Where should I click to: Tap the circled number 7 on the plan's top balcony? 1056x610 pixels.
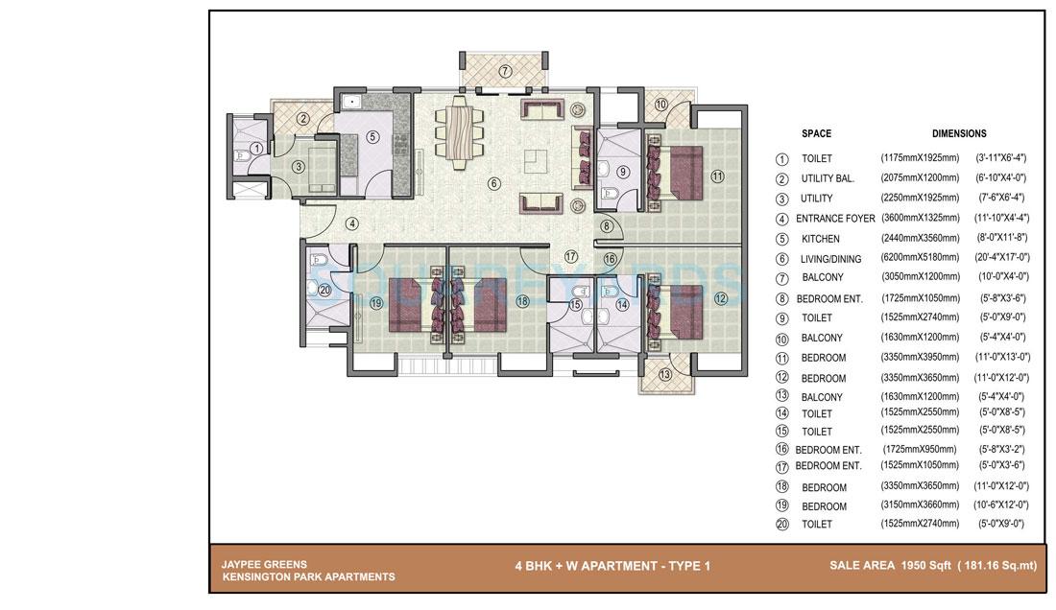coord(505,71)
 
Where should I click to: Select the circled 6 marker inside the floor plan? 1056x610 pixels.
coord(493,183)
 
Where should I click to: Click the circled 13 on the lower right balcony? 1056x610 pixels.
coord(666,375)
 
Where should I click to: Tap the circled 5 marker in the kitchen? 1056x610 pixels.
coord(372,137)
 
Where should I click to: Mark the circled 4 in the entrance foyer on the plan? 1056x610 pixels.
coord(352,223)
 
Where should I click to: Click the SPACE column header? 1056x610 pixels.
coord(816,133)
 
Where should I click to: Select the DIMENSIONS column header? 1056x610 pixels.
coord(958,133)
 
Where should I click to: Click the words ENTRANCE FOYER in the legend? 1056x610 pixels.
coord(835,219)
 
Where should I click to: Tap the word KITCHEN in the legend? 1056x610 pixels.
coord(820,239)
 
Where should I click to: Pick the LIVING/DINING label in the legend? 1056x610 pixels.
coord(830,259)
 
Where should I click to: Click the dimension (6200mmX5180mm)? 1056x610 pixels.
coord(920,257)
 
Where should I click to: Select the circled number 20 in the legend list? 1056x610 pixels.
coord(782,525)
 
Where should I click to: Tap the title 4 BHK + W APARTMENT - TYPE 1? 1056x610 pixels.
coord(612,566)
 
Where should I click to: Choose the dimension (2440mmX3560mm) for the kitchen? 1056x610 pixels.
coord(920,237)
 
